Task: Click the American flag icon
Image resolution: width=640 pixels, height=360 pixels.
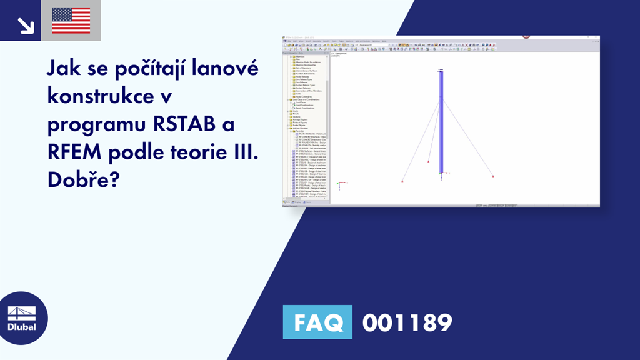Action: (71, 21)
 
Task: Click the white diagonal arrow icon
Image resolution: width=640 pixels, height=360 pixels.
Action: (26, 25)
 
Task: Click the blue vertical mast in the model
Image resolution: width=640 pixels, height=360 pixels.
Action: (441, 125)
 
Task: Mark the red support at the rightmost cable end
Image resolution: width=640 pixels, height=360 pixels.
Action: (493, 177)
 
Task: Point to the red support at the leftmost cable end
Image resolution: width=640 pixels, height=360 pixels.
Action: (402, 181)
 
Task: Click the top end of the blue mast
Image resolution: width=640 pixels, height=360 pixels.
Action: (441, 71)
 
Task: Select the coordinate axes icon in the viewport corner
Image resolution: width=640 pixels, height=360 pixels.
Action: (339, 185)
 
